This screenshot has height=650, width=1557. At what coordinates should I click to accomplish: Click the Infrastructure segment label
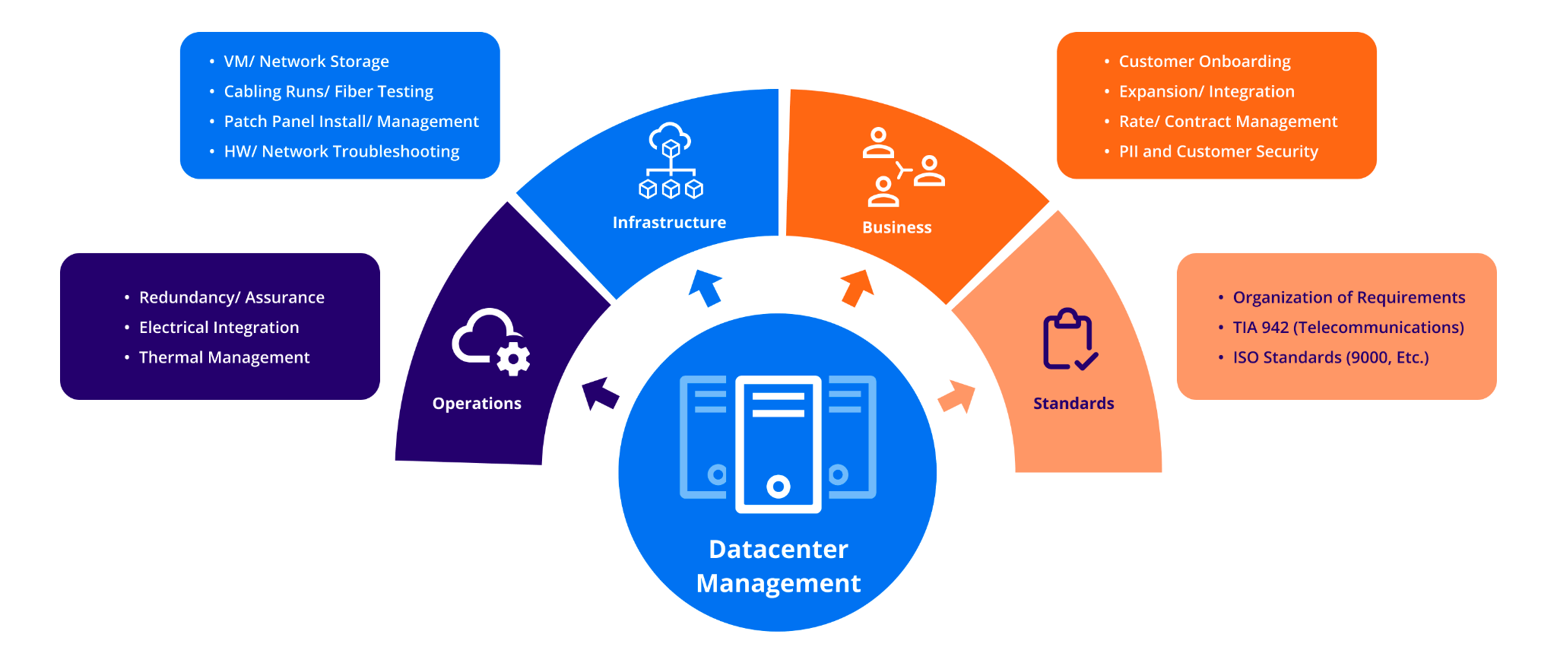point(669,222)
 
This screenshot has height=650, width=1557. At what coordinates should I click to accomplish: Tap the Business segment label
point(896,227)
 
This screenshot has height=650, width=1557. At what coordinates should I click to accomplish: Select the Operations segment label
point(477,403)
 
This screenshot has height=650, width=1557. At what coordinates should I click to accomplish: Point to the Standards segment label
point(1073,403)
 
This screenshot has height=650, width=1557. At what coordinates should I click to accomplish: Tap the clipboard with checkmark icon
point(1069,340)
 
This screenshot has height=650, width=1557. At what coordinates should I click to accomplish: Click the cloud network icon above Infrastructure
point(671,161)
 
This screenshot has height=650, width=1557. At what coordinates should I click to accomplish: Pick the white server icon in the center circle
point(778,444)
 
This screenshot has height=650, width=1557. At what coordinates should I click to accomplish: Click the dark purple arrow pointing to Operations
point(600,393)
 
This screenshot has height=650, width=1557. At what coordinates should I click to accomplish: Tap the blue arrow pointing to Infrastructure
point(706,287)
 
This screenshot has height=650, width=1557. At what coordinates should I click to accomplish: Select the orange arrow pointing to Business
point(858,287)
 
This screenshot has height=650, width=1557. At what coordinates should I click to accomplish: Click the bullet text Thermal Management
point(224,357)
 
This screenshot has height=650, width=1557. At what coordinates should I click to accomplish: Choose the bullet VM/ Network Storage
point(306,62)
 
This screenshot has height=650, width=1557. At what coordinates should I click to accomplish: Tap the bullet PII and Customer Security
point(1218,151)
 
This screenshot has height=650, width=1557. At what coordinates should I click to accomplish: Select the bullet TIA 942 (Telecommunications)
point(1348,328)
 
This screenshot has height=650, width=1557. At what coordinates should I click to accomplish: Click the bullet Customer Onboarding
point(1204,62)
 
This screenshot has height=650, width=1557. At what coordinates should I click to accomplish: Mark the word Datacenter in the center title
point(778,549)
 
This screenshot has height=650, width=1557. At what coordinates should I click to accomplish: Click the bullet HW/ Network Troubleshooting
point(341,151)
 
